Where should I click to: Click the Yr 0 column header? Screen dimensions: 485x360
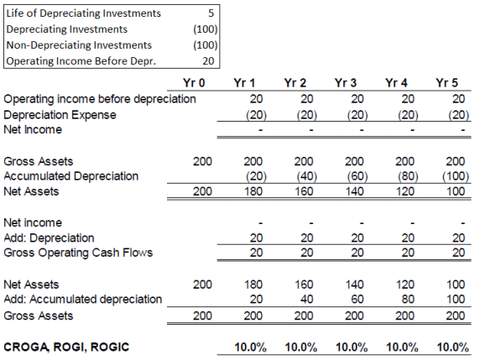coord(194,83)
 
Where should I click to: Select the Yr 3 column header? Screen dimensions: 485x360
coord(346,83)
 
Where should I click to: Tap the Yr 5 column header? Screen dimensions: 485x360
coord(446,83)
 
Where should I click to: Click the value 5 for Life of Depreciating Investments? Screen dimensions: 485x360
coord(211,13)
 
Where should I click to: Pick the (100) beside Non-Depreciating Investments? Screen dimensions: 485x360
coord(206,45)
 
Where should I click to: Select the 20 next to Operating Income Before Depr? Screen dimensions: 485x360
coord(208,61)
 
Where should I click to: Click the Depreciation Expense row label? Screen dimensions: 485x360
coord(60,115)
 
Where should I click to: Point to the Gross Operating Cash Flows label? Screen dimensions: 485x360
coord(78,253)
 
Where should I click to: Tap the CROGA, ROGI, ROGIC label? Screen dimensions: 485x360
coord(66,347)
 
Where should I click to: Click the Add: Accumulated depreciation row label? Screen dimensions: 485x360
coord(83,300)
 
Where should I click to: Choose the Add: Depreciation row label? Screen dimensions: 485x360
coord(49,237)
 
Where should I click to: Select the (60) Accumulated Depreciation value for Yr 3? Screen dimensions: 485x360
coord(357,176)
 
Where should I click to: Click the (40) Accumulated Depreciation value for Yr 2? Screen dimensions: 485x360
coord(307,176)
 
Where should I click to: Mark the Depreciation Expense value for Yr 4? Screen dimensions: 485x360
coord(408,115)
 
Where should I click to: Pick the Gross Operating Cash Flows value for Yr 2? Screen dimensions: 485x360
coord(307,253)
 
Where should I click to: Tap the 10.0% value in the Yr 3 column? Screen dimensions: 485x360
coord(352,347)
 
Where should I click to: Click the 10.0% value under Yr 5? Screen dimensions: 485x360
coord(453,347)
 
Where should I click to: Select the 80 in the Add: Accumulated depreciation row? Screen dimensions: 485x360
coord(408,300)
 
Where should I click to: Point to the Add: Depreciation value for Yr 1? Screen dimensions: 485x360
coord(257,237)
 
